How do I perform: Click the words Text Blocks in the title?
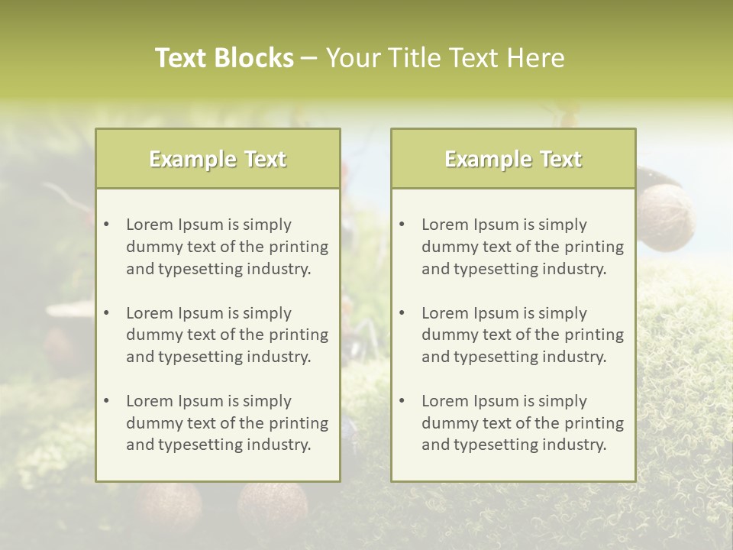(x=224, y=58)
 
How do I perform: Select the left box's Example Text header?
(x=218, y=159)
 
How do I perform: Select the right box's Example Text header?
(x=513, y=159)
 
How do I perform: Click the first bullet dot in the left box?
(x=106, y=225)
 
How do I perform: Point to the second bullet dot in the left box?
(x=106, y=313)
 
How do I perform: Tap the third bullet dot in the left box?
(x=106, y=401)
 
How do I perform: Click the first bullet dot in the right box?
(x=402, y=225)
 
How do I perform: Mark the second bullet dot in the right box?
(x=402, y=313)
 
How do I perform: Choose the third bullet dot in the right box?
(x=402, y=401)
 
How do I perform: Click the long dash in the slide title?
(x=309, y=58)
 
